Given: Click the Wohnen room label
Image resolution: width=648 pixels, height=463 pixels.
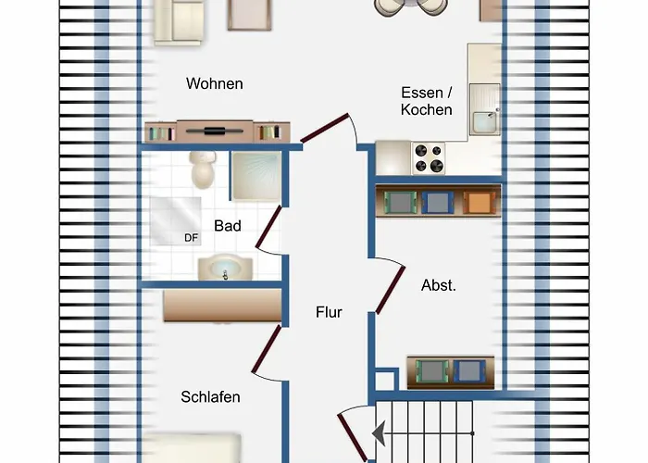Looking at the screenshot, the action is point(215,83).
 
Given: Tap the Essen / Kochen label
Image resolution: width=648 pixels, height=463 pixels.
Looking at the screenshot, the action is point(427,101).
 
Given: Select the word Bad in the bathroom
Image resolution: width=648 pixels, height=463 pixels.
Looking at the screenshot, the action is point(228,226).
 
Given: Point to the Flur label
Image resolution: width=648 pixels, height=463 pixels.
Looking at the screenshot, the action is point(329,312).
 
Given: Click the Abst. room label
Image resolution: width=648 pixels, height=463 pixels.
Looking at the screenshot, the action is point(439,285).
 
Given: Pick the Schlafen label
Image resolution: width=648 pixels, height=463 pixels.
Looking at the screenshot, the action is point(210,397).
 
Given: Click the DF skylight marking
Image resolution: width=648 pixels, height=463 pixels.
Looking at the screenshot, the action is point(192,238).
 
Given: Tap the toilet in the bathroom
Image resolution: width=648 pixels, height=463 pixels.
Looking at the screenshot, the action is point(203,169).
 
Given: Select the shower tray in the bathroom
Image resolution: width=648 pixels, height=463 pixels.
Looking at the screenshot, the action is point(256,176).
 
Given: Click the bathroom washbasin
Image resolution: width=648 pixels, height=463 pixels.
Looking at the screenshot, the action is point(225,268).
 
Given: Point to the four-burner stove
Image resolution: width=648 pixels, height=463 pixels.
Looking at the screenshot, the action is point(428,158).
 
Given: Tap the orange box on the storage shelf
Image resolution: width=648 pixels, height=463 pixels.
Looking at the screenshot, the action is point(480,203).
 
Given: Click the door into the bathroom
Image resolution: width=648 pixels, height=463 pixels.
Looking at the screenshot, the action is point(268,227).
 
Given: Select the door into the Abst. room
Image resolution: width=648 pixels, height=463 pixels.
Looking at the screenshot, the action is point(391,290).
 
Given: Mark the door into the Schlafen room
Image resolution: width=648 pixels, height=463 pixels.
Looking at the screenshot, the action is point(267,348).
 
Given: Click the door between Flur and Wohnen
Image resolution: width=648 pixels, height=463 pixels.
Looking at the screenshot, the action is point(324,128).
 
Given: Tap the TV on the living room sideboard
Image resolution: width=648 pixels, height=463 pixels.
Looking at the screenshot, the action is point(215,131).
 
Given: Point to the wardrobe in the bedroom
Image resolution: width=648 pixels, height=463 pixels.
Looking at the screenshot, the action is point(222,305).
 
